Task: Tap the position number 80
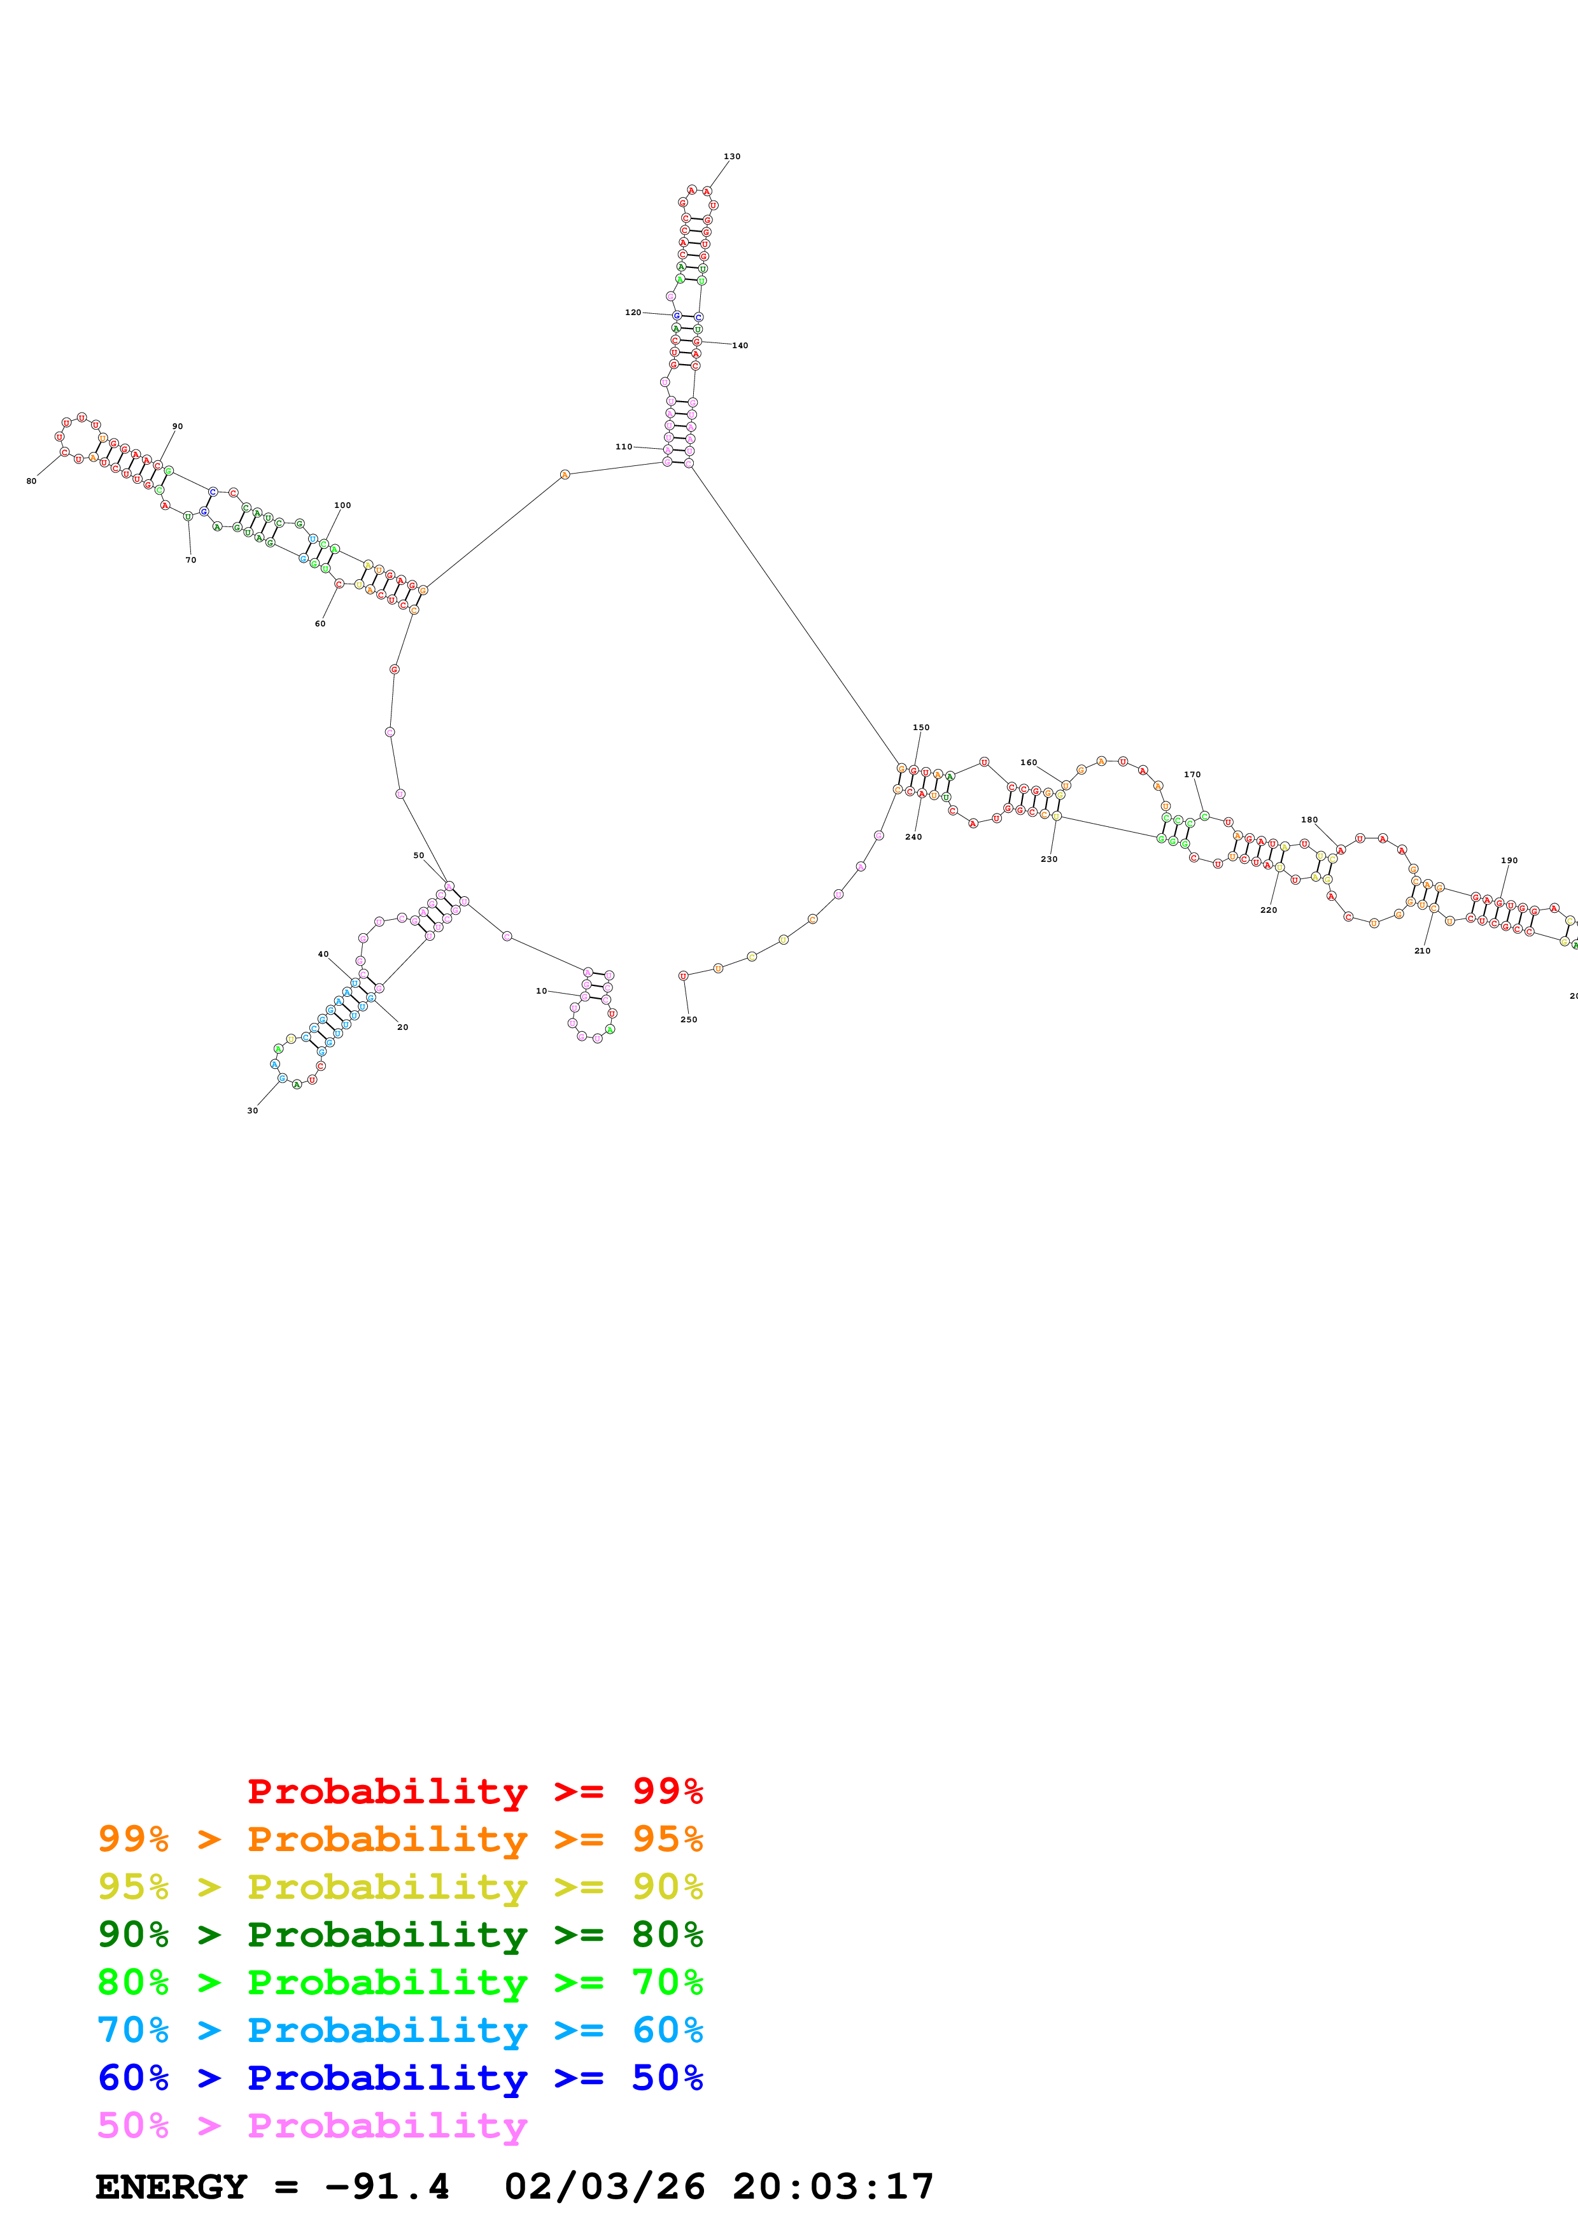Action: pyautogui.click(x=31, y=481)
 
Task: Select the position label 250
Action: pyautogui.click(x=688, y=1019)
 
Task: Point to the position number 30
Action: pyautogui.click(x=253, y=1111)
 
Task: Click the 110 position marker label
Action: pyautogui.click(x=623, y=446)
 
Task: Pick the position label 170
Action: pyautogui.click(x=1192, y=774)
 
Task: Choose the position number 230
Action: pyautogui.click(x=1049, y=859)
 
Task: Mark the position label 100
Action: pyautogui.click(x=342, y=505)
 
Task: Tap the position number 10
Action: pyautogui.click(x=542, y=991)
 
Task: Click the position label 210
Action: pyautogui.click(x=1421, y=951)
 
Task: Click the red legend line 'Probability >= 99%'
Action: pyautogui.click(x=474, y=1791)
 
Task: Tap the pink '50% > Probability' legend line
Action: pyautogui.click(x=312, y=2126)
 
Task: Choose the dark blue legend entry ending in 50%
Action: pyautogui.click(x=400, y=2078)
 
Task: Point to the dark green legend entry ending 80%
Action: pyautogui.click(x=400, y=1934)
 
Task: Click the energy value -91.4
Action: pyautogui.click(x=387, y=2187)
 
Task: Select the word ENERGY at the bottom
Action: pyautogui.click(x=171, y=2187)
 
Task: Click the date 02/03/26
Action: pyautogui.click(x=604, y=2187)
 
